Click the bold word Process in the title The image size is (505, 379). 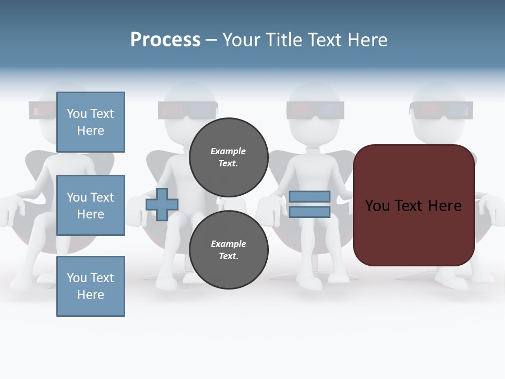tap(165, 40)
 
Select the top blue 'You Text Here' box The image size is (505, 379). tap(90, 122)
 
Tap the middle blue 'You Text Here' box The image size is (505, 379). tap(90, 205)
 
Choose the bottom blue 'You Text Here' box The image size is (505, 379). tap(90, 286)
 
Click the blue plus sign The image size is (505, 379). tap(162, 204)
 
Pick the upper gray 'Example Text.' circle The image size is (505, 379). tap(228, 157)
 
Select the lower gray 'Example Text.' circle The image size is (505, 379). tap(228, 250)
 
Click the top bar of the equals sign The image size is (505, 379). tap(309, 197)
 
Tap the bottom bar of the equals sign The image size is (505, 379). tap(309, 212)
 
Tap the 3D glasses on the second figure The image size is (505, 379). tap(187, 110)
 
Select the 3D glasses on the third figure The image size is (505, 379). tap(315, 110)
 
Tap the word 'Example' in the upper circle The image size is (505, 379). tap(228, 151)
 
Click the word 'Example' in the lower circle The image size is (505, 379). tap(228, 244)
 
